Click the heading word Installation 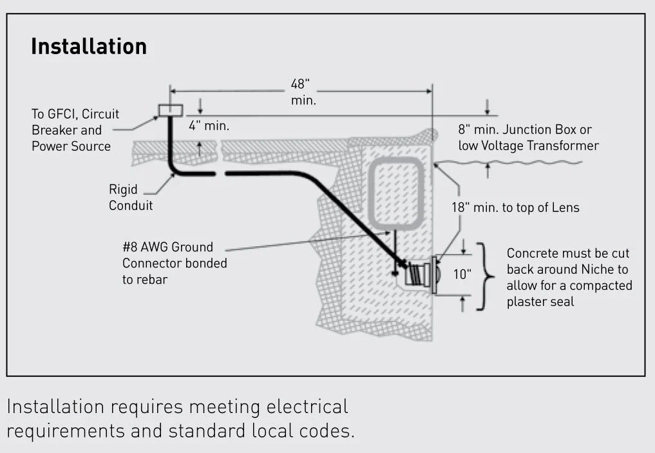click(x=89, y=47)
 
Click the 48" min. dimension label click(x=301, y=92)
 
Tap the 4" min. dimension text click(x=209, y=126)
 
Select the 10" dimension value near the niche click(x=462, y=274)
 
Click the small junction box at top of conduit click(x=171, y=110)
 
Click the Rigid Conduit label click(x=131, y=198)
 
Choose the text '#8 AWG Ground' click(x=167, y=247)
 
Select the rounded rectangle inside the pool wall click(x=395, y=193)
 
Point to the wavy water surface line click(x=509, y=162)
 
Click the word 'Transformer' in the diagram click(x=562, y=146)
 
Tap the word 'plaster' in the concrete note click(x=529, y=302)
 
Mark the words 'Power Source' click(x=71, y=146)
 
